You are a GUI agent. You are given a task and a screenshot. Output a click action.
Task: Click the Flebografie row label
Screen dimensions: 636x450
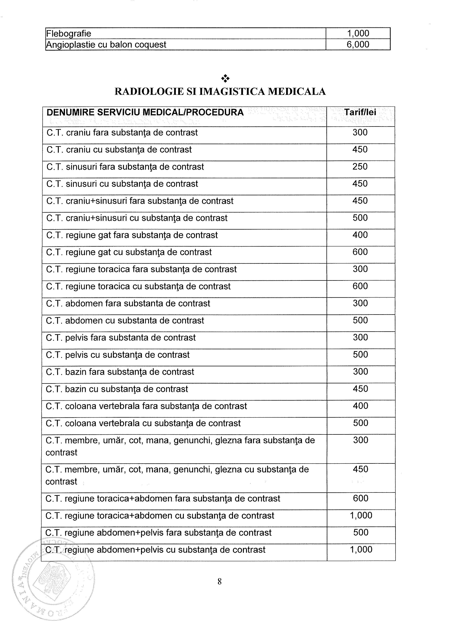68,34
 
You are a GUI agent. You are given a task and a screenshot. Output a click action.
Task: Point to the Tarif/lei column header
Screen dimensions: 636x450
360,112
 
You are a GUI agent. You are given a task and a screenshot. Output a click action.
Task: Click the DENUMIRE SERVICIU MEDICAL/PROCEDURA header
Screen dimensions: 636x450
145,112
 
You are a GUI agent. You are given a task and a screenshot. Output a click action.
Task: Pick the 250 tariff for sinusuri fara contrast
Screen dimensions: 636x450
360,166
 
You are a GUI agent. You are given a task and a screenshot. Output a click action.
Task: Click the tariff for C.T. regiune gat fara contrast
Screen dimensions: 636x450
360,235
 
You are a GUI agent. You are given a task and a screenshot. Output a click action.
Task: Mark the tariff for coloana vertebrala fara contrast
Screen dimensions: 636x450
360,406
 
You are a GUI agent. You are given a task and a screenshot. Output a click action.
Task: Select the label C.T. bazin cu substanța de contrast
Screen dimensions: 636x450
117,389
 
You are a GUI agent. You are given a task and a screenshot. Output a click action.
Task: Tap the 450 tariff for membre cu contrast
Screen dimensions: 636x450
360,469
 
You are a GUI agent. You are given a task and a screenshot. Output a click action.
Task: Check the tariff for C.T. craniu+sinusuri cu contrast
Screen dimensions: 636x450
360,218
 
